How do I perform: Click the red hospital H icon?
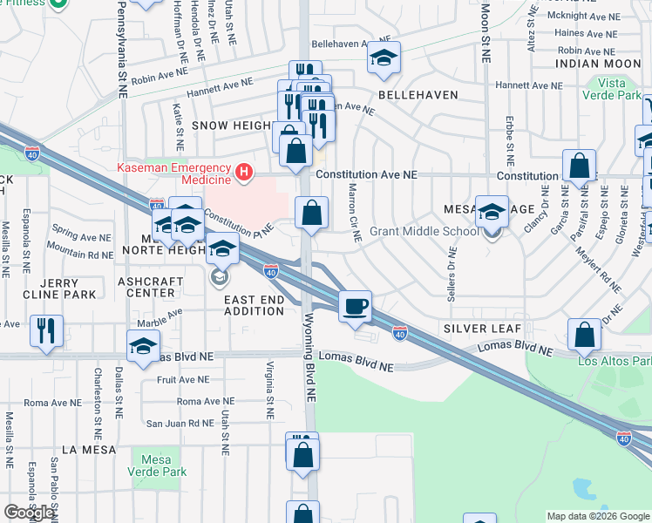point(246,173)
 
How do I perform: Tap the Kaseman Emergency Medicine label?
point(173,173)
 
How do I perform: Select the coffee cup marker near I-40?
point(355,307)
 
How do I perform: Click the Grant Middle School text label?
point(424,231)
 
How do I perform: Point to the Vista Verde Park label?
point(619,88)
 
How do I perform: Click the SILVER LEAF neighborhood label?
point(482,329)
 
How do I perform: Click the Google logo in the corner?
point(29,513)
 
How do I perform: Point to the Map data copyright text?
point(598,516)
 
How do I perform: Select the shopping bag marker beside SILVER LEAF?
point(584,335)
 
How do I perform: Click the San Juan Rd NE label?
point(179,424)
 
